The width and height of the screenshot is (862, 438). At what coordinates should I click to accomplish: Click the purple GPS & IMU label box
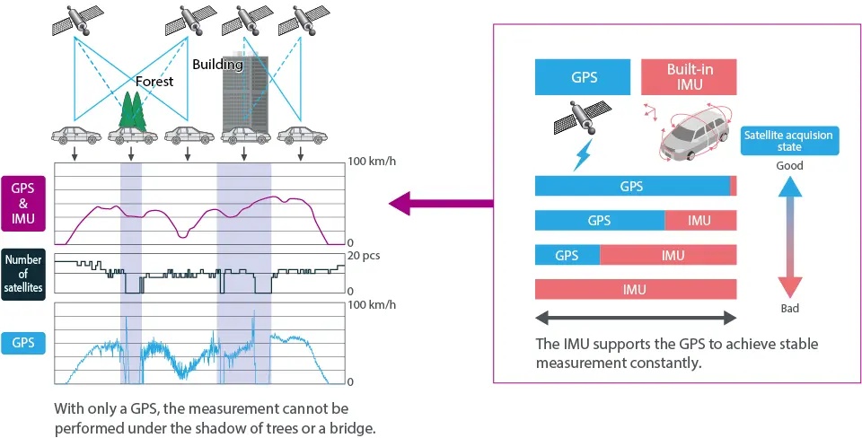point(23,203)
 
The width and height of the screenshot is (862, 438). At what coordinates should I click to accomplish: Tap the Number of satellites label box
point(23,274)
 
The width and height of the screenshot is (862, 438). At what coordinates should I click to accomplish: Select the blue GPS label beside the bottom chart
point(23,343)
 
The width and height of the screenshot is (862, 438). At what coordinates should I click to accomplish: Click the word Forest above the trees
point(154,82)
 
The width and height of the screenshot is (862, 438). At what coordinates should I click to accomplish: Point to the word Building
point(217,65)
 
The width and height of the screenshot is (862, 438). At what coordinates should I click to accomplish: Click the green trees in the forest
point(132,111)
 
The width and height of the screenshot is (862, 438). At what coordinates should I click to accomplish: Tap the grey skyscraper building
point(244,94)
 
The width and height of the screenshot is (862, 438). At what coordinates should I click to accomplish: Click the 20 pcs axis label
point(365,256)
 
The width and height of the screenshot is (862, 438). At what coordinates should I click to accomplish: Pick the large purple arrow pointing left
point(441,203)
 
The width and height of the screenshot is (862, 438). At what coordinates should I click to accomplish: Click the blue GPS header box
point(583,77)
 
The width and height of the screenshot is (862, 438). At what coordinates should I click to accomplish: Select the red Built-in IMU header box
point(689,77)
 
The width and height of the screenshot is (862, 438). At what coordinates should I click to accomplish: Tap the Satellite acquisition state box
point(789,141)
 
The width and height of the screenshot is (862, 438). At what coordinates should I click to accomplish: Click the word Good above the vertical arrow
point(789,165)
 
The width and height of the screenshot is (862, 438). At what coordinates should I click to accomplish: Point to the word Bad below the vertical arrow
point(790,308)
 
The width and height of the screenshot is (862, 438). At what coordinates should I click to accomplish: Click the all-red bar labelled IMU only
point(636,289)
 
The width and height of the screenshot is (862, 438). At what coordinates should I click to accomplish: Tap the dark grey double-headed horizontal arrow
point(636,318)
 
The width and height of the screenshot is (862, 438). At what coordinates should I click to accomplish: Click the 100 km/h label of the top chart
point(372,162)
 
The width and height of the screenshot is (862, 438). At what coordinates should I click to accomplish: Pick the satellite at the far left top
point(76,21)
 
